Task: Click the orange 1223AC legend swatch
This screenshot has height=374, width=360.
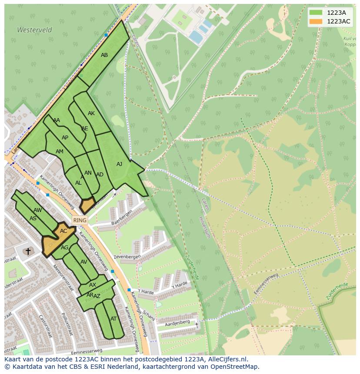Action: pyautogui.click(x=316, y=21)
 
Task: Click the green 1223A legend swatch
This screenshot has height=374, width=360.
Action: pyautogui.click(x=316, y=12)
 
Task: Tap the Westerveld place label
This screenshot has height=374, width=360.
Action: pyautogui.click(x=34, y=30)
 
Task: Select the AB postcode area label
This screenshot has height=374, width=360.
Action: pyautogui.click(x=104, y=55)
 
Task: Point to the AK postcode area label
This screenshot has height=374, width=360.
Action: pyautogui.click(x=91, y=113)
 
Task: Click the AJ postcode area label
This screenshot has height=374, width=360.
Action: pyautogui.click(x=120, y=164)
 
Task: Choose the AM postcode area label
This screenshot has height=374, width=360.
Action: pyautogui.click(x=60, y=152)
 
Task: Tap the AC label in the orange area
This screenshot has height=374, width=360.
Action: pyautogui.click(x=63, y=231)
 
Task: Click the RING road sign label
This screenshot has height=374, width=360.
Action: pyautogui.click(x=80, y=220)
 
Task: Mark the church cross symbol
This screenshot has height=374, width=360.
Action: pyautogui.click(x=28, y=251)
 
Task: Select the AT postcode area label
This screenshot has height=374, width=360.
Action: pyautogui.click(x=113, y=318)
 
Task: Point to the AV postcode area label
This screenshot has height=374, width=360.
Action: pyautogui.click(x=84, y=262)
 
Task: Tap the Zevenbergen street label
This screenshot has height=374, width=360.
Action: pyautogui.click(x=127, y=257)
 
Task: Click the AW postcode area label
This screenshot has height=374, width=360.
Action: pyautogui.click(x=38, y=210)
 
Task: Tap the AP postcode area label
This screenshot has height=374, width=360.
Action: pyautogui.click(x=65, y=138)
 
